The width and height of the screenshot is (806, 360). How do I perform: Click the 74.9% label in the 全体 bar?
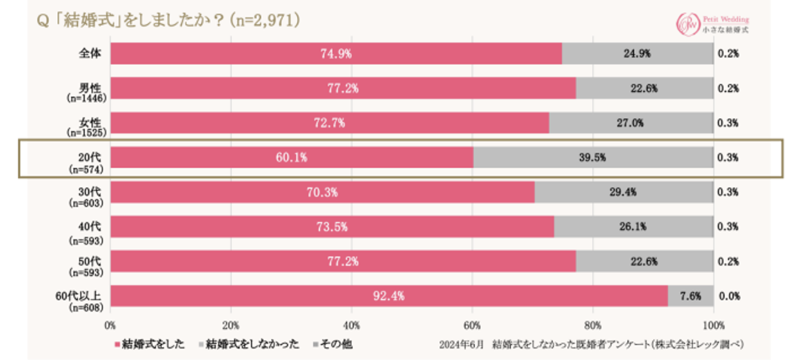point(336,54)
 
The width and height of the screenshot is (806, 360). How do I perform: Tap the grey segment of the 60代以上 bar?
point(690,296)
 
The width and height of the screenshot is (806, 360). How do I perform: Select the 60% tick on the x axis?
point(472,325)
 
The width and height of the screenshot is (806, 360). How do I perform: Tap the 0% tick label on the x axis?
point(111,325)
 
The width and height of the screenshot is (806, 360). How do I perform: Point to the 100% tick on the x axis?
point(713,325)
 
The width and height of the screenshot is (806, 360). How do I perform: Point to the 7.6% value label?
point(690,296)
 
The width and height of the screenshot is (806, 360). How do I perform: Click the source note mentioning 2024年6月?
point(594,344)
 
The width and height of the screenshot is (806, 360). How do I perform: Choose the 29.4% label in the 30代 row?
point(623,192)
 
